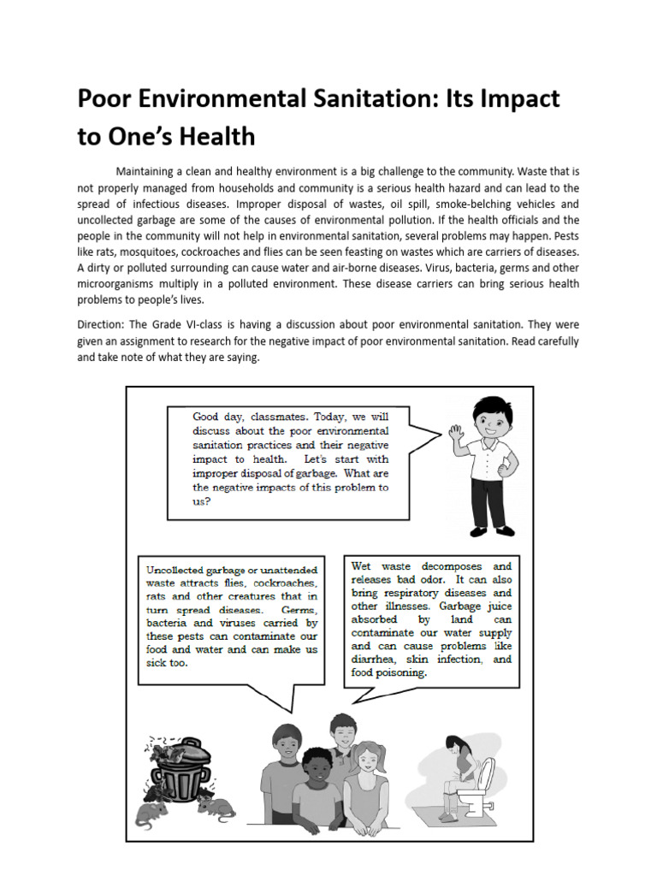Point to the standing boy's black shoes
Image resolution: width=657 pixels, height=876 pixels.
click(x=492, y=530)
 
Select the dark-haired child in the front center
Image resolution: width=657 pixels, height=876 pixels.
click(x=317, y=786)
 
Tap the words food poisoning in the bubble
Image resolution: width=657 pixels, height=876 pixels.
click(x=388, y=673)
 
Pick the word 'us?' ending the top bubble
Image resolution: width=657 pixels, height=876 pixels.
click(x=201, y=502)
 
